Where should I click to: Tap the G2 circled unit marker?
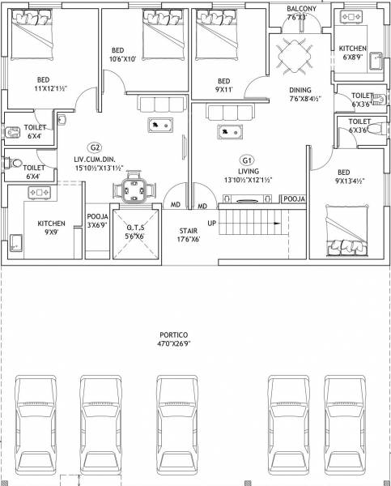tap(95, 147)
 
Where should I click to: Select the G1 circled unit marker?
tap(247, 160)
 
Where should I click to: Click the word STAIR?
tap(188, 231)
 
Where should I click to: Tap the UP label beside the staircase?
tap(212, 223)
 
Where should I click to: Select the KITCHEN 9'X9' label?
tap(50, 228)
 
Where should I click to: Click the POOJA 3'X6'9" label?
tap(98, 221)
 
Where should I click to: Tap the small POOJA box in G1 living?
tap(294, 198)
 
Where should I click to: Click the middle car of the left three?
tap(100, 417)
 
